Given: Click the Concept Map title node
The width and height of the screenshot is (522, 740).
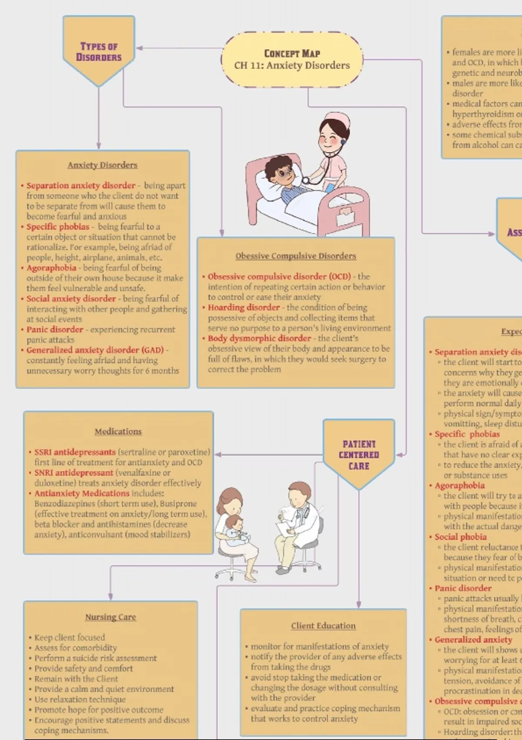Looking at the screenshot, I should (x=292, y=60).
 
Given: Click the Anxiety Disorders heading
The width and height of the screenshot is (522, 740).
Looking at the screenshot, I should (x=103, y=165).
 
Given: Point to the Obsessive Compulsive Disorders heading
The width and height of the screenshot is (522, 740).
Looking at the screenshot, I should (x=296, y=256).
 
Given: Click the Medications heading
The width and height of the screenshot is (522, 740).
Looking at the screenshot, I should (x=118, y=431).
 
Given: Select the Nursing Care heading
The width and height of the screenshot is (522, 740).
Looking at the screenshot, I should (x=110, y=617).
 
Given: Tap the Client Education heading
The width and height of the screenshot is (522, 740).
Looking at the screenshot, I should (x=323, y=626).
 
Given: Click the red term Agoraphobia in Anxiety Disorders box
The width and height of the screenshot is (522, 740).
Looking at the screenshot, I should (x=51, y=268).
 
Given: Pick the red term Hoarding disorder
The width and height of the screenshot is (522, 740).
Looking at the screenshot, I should (x=244, y=307).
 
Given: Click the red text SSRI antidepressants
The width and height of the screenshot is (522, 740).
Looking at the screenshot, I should (x=75, y=452).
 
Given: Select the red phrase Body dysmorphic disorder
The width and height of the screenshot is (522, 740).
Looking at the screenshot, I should (x=259, y=338).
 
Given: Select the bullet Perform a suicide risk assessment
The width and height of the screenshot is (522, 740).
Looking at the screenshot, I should (x=96, y=658).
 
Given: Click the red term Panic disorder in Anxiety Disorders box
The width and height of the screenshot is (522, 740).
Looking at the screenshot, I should (x=55, y=330).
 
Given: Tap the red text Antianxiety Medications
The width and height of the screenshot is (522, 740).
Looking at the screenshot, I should (x=82, y=493).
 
